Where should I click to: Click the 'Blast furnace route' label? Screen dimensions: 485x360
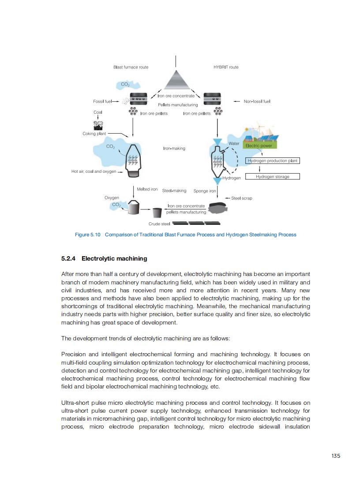131,67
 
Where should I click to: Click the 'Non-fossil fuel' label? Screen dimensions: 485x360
257,101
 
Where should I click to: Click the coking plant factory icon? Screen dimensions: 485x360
98,125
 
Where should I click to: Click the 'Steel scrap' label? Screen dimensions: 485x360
242,198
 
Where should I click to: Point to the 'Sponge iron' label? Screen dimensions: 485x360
205,191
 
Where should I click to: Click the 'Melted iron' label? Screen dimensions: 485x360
147,189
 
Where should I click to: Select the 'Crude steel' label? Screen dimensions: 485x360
159,224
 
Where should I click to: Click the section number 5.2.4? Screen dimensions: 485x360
69,258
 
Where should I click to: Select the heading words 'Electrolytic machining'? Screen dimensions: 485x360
114,258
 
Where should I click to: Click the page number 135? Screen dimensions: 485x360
336,456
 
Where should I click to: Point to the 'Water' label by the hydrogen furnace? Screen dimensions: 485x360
234,144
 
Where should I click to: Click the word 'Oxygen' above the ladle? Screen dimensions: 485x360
112,198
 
